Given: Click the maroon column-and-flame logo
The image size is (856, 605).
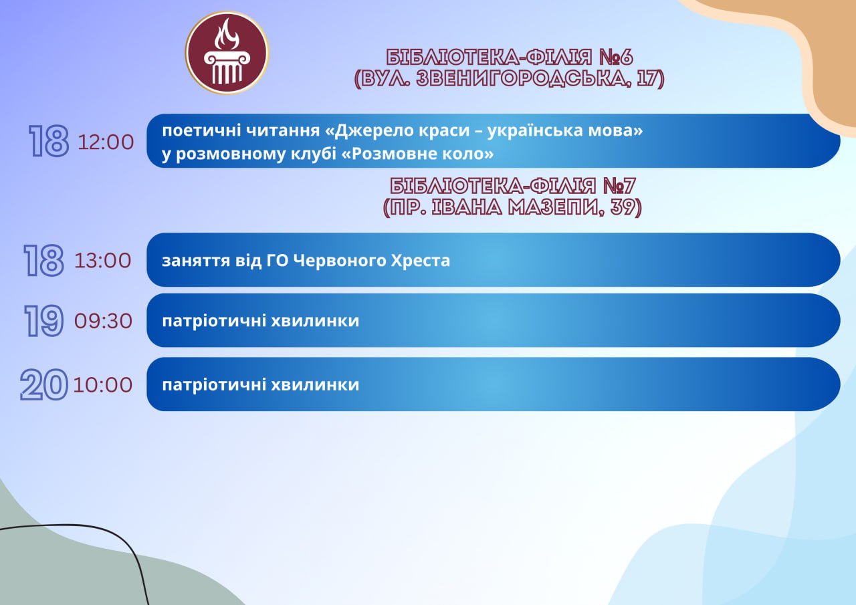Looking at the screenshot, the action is point(227,53).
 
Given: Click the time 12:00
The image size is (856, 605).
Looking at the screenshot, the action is point(106,142).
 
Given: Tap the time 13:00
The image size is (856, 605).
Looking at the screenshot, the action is point(103,261).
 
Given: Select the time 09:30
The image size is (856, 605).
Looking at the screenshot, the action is point(103,321).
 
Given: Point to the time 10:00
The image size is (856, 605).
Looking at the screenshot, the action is point(103,384).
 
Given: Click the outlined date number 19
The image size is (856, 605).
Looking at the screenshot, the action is point(44,321).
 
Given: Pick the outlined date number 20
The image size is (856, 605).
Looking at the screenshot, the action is point(44,384).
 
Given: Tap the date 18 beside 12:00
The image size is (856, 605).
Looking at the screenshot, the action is point(49,141).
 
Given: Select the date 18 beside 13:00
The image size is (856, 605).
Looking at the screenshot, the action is point(43,260).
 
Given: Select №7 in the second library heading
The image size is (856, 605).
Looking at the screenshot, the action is point(619,186).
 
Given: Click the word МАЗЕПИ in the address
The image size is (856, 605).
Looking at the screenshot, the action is point(556,207).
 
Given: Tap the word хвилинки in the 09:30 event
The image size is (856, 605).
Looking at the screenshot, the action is point(315,321).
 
